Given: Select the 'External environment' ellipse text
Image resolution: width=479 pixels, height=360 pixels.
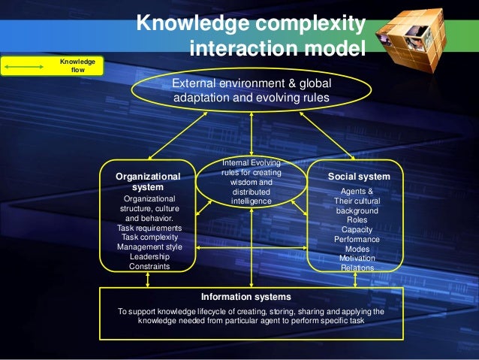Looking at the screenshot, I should tap(252, 90).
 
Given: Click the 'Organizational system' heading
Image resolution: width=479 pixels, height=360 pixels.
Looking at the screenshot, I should tap(148, 180).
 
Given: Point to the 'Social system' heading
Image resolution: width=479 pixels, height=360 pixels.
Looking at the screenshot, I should tap(359, 177).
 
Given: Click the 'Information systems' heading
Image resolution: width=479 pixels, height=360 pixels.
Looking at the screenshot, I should tap(251, 296).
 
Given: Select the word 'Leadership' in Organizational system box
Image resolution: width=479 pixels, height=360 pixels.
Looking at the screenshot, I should tap(149, 256).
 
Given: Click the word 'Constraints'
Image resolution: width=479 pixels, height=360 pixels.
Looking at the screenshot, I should tap(149, 266).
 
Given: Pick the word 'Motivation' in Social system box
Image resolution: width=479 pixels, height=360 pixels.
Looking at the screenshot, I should tap(357, 259).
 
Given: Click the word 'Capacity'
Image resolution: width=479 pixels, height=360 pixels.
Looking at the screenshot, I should tap(357, 230).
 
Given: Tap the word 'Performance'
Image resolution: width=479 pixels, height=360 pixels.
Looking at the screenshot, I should tap(357, 240).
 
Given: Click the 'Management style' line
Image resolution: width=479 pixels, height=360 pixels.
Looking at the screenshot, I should tap(149, 247).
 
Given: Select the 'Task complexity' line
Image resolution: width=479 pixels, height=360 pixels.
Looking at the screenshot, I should tap(149, 237).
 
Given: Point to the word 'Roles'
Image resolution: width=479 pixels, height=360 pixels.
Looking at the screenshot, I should tap(357, 220).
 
